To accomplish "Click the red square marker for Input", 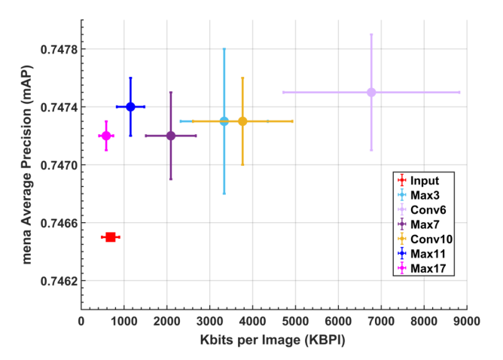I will pos(111,237).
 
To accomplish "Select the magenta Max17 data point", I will pos(106,136).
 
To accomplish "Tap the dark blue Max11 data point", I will pos(130,107).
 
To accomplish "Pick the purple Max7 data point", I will pos(171,136).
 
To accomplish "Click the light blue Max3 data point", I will pos(224,121).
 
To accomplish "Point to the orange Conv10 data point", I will pos(242,121).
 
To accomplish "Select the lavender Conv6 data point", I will pos(371,93).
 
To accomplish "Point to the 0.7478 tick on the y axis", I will pos(56,50).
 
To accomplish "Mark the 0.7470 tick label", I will pos(56,165).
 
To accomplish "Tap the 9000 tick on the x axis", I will pos(467,320).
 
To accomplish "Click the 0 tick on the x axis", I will pos(81,320).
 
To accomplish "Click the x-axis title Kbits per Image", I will pos(274,340).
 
